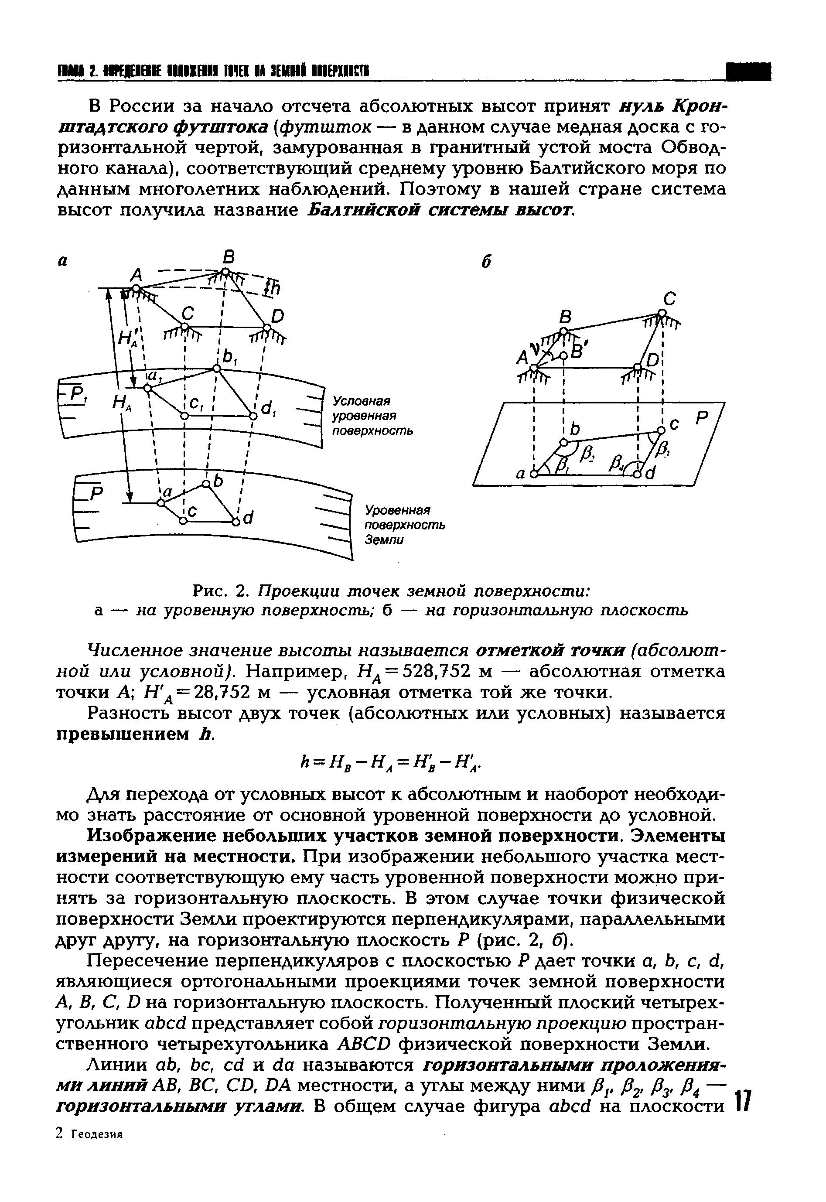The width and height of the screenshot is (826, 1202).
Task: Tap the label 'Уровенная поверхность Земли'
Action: click(x=405, y=525)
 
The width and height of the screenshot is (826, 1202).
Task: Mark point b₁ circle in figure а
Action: click(x=217, y=369)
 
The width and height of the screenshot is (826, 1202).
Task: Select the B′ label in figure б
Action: click(x=576, y=352)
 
